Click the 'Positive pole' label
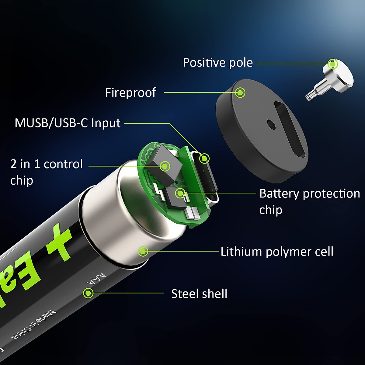pyautogui.click(x=218, y=63)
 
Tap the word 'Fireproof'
pyautogui.click(x=130, y=92)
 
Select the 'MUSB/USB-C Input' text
pyautogui.click(x=68, y=123)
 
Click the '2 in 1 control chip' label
pyautogui.click(x=46, y=172)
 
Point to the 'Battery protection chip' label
pyautogui.click(x=309, y=201)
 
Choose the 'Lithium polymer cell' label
pyautogui.click(x=277, y=252)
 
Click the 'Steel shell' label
pyautogui.click(x=199, y=294)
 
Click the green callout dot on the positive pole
pyautogui.click(x=333, y=64)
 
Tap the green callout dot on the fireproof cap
pyautogui.click(x=240, y=92)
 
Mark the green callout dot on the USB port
pyautogui.click(x=205, y=158)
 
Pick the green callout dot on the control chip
pyautogui.click(x=165, y=166)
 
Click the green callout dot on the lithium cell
pyautogui.click(x=143, y=252)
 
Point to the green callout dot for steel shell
pyautogui.click(x=88, y=293)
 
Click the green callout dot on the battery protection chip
pyautogui.click(x=180, y=193)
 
